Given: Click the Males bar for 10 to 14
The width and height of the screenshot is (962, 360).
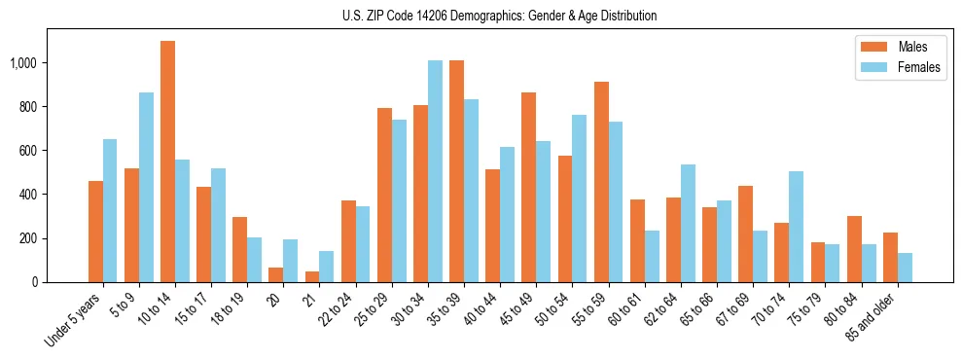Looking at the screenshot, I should click(x=167, y=162).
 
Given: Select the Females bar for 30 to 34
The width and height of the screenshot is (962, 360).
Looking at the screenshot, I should click(x=435, y=171).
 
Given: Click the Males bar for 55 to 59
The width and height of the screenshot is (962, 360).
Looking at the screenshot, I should click(x=601, y=182).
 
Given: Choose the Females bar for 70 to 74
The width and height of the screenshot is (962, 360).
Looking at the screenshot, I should click(x=796, y=227).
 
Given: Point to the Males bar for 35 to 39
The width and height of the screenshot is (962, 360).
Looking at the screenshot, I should click(x=456, y=171).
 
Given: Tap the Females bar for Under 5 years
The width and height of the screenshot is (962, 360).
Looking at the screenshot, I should click(x=110, y=210).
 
